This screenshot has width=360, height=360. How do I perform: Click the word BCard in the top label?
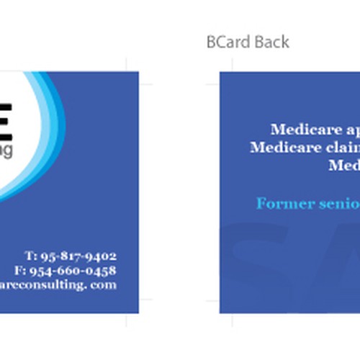tap(223, 42)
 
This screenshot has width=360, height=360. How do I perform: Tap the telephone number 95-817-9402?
tap(78, 256)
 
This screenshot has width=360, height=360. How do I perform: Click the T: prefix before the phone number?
tap(31, 256)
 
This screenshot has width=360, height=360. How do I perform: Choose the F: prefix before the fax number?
tap(20, 270)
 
